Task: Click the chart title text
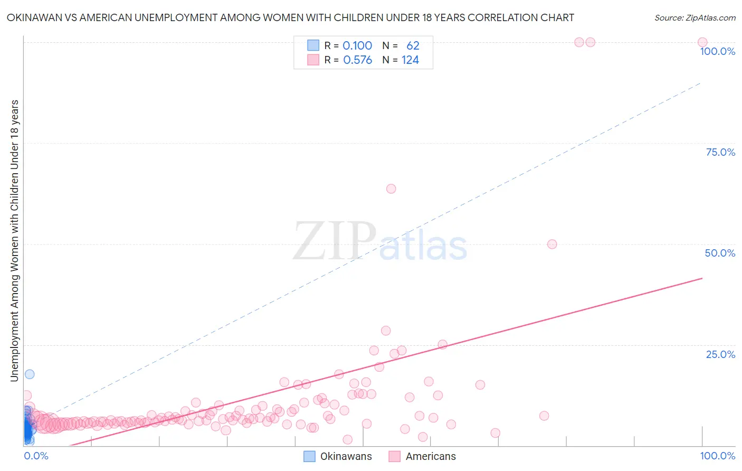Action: point(290,17)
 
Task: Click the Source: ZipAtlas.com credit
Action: point(695,17)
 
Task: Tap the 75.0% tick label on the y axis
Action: point(720,152)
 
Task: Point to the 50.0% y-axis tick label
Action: point(720,253)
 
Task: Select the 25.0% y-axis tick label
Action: point(720,354)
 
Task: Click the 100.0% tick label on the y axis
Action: point(717,51)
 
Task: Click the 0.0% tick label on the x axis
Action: point(36,456)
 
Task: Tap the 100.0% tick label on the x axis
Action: point(717,456)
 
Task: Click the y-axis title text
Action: point(14,240)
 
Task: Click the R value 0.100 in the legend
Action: point(357,46)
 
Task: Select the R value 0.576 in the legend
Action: point(357,60)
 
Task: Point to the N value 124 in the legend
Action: point(410,60)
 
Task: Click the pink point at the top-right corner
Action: point(702,42)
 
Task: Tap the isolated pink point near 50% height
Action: point(552,244)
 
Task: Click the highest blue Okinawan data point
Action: point(30,374)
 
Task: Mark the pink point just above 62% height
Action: point(391,189)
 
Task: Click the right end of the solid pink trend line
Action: point(701,278)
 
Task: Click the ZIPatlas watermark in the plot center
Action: point(380,241)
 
